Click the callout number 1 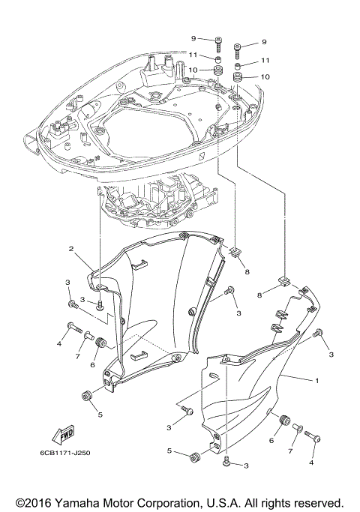317,381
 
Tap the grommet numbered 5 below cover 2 87,395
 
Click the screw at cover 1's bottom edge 226,464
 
